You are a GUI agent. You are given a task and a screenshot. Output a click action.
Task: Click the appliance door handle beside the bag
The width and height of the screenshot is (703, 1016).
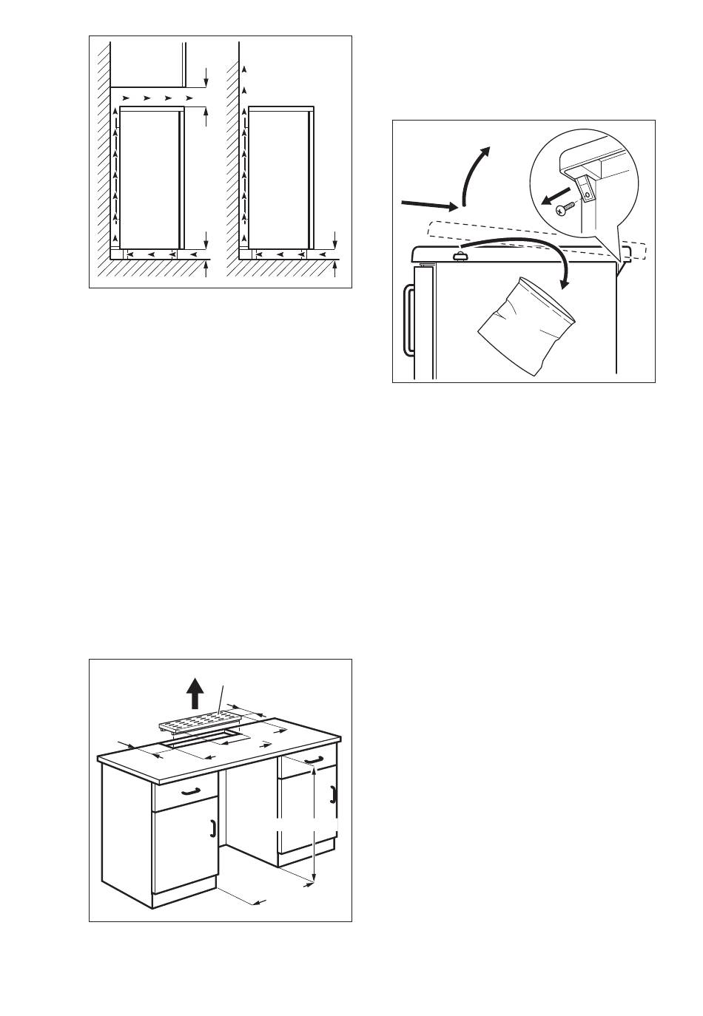[408, 321]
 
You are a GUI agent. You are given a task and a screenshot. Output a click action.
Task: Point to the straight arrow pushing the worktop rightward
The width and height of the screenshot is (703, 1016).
[429, 204]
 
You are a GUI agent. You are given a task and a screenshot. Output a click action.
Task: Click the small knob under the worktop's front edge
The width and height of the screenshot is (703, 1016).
[461, 256]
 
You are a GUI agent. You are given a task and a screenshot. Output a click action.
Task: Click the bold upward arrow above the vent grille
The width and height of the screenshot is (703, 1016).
[195, 694]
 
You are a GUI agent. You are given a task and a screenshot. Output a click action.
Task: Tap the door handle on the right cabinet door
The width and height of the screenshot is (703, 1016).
[333, 794]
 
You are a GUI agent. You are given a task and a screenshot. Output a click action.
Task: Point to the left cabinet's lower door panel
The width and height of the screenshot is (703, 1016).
[184, 850]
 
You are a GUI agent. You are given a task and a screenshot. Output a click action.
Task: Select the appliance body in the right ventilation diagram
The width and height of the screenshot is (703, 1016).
[279, 177]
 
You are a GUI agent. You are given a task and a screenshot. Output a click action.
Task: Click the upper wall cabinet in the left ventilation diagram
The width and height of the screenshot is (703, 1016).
[148, 63]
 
